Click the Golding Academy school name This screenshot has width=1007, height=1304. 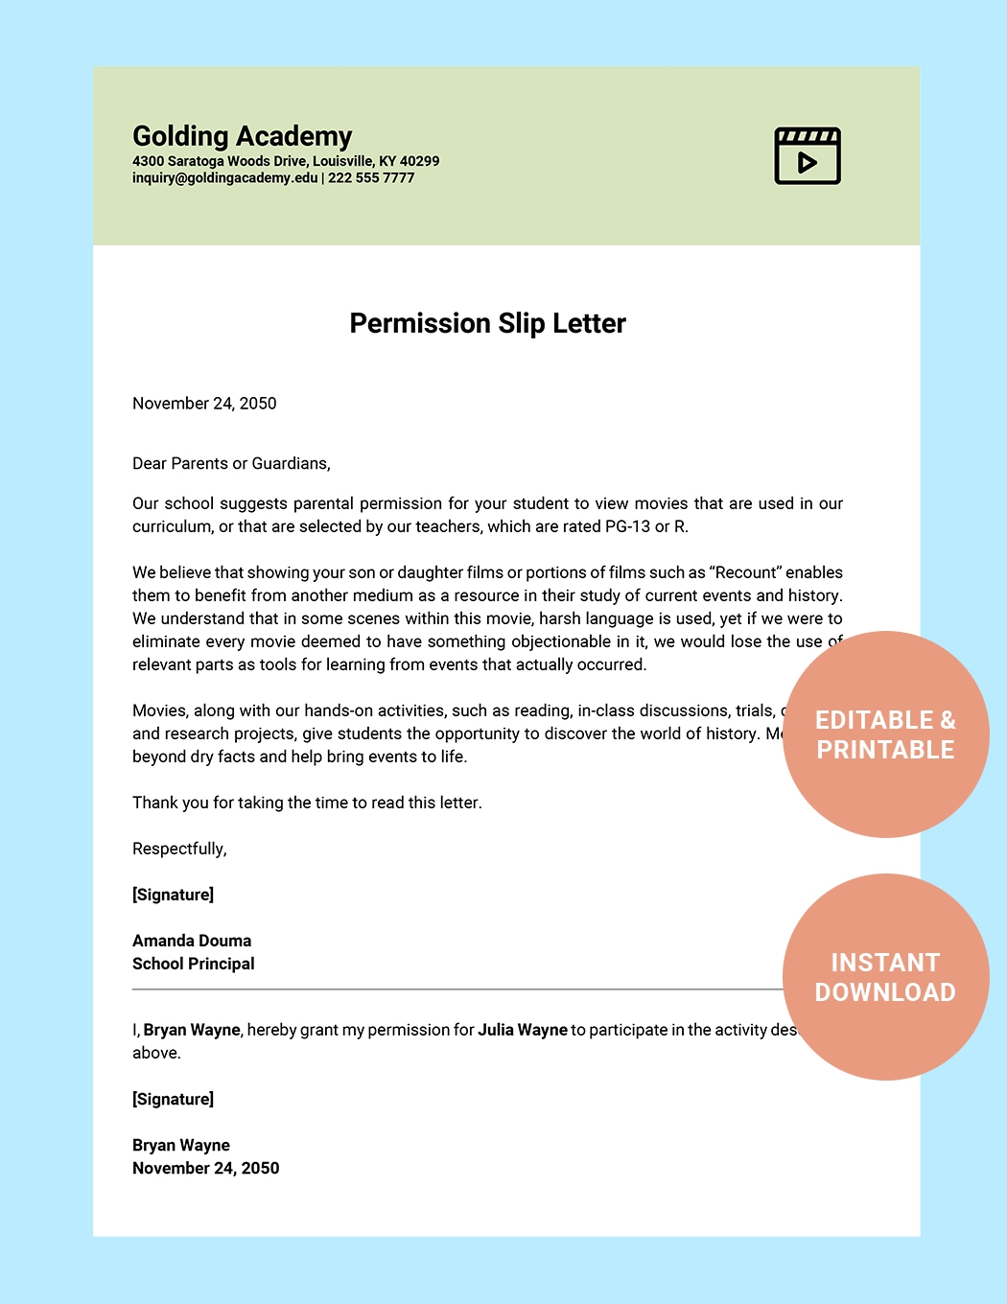point(242,136)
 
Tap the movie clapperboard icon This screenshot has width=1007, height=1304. point(808,155)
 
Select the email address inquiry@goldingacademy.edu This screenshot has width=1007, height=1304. point(224,178)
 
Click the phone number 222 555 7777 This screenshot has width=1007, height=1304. point(371,178)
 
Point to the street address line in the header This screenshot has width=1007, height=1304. point(286,161)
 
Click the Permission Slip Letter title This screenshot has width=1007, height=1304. point(487,323)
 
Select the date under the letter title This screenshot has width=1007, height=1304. point(204,404)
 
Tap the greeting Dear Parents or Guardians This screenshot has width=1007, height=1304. point(231,464)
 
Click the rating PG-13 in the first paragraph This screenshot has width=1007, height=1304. point(627,526)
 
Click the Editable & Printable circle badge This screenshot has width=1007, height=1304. point(885,734)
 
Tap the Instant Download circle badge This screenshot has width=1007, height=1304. point(885,977)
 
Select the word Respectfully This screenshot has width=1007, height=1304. point(179,849)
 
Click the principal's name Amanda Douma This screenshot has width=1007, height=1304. point(192,941)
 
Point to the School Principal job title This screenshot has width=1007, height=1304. point(194,964)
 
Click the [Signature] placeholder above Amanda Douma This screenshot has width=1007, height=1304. point(173,895)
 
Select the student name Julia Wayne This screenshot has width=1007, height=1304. point(523,1030)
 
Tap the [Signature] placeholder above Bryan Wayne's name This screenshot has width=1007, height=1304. point(173,1099)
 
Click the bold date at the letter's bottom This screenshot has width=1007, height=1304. point(206,1168)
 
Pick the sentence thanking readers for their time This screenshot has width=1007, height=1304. point(307,803)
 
